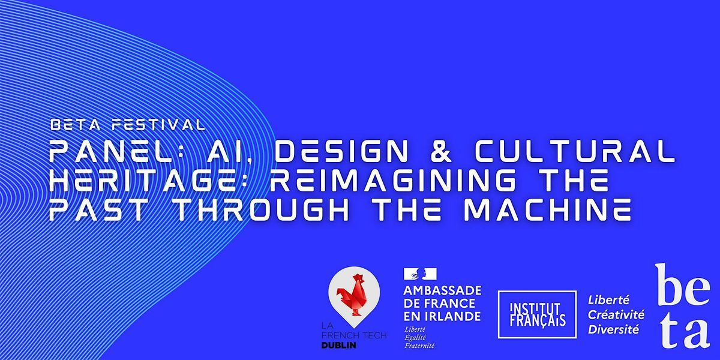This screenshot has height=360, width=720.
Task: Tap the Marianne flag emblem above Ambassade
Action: tap(421, 275)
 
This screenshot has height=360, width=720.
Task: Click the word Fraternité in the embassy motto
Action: tap(420, 345)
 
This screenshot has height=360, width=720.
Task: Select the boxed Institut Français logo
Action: tap(537, 314)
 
